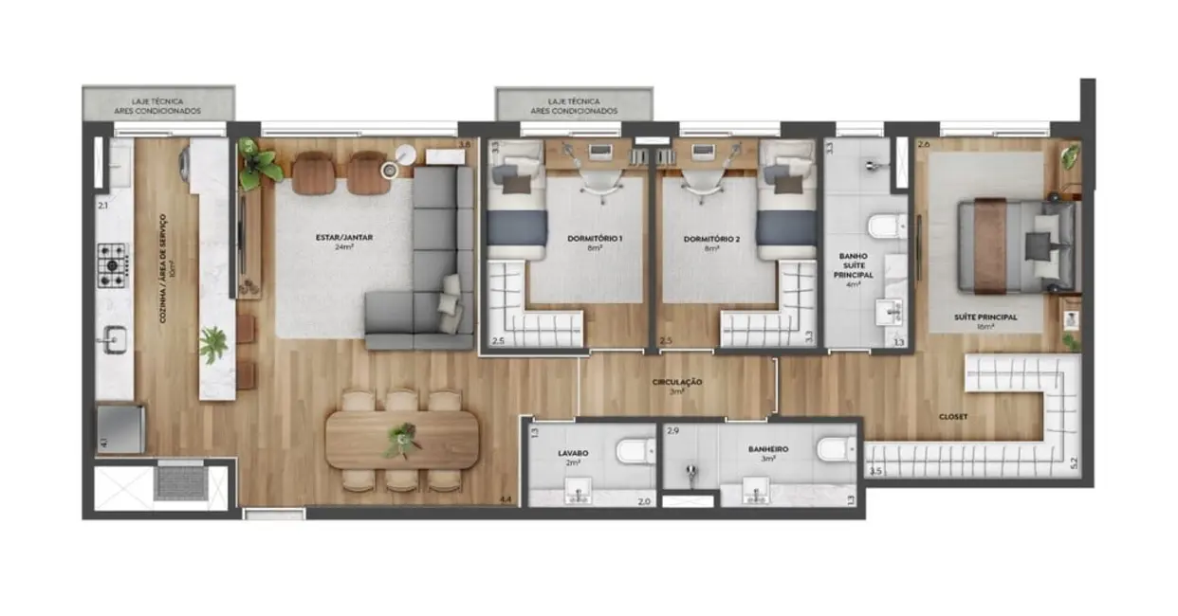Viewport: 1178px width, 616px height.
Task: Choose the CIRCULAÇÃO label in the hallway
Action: pos(676,381)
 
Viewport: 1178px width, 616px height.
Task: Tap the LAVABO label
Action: pos(572,453)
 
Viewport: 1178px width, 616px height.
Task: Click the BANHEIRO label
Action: pos(768,451)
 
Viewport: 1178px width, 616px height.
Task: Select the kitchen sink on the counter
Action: pos(115,339)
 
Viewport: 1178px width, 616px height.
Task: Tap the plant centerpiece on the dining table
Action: pos(402,440)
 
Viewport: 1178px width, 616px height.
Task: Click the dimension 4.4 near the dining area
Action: pos(506,498)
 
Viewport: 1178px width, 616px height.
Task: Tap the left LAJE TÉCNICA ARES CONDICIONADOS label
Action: pos(158,105)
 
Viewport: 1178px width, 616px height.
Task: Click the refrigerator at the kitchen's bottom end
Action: pos(120,428)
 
